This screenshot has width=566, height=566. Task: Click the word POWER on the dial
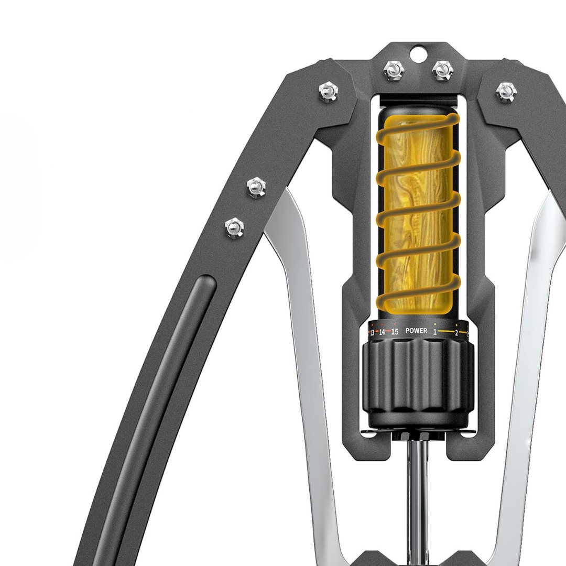416,331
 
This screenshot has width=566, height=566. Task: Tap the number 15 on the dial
395,332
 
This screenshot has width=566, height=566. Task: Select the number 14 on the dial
382,332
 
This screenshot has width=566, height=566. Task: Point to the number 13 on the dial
372,333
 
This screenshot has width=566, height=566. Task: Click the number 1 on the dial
435,332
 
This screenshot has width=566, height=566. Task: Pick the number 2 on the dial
456,333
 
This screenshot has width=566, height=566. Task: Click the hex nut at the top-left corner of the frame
328,92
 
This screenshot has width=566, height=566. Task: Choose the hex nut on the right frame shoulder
505,92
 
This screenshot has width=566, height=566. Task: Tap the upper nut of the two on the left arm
256,187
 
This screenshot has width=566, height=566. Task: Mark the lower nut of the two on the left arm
234,228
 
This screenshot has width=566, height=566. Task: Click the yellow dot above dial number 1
435,324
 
